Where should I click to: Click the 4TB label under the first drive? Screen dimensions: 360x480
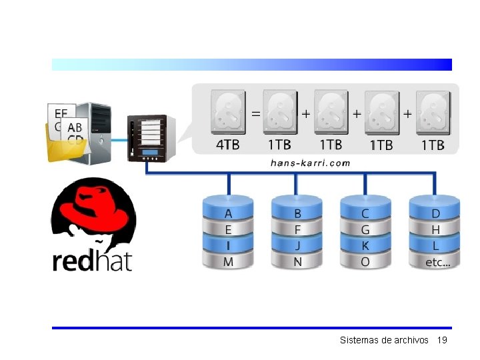[x=227, y=145]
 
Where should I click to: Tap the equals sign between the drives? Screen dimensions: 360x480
[x=255, y=114]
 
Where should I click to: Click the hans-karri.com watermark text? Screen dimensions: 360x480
[x=310, y=163]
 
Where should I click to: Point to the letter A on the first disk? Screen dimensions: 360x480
[x=229, y=214]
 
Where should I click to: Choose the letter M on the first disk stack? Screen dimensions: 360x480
[x=229, y=262]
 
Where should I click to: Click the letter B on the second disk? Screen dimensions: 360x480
[x=297, y=214]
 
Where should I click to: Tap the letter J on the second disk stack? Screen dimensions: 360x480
[x=297, y=246]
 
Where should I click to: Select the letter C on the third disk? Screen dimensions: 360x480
[x=365, y=214]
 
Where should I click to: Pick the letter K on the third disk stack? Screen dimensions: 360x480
[x=365, y=246]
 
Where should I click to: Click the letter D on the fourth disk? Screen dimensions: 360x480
[x=436, y=214]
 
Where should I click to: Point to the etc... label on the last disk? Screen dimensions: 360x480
[x=438, y=263]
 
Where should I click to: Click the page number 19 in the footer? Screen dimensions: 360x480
[x=442, y=340]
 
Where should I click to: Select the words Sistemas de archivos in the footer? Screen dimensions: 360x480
[x=384, y=340]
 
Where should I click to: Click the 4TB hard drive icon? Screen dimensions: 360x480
[x=228, y=112]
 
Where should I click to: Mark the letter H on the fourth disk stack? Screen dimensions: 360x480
[x=436, y=230]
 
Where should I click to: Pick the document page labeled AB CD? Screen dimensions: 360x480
[x=75, y=132]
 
